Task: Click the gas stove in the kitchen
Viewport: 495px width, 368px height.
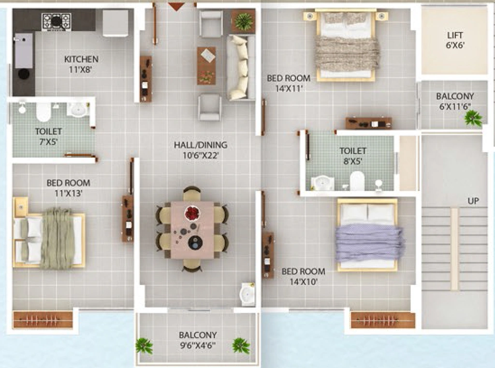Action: click(57, 21)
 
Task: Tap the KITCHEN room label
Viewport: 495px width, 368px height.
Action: click(81, 59)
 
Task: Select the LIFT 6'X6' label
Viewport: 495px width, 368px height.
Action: click(455, 40)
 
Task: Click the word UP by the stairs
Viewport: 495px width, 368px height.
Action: click(473, 201)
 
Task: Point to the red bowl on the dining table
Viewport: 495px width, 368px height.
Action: click(192, 213)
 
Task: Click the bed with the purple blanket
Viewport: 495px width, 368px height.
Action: click(368, 235)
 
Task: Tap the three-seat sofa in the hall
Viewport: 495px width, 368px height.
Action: click(241, 68)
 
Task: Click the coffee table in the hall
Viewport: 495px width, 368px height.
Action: click(206, 66)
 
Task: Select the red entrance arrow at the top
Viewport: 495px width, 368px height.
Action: click(176, 6)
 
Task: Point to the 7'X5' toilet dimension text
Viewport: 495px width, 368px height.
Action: click(48, 142)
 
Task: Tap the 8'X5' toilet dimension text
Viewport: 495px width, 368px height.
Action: click(352, 162)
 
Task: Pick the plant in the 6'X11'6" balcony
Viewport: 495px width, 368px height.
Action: click(473, 118)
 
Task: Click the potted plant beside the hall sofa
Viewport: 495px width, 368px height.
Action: click(244, 21)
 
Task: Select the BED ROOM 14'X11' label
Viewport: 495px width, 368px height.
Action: click(289, 83)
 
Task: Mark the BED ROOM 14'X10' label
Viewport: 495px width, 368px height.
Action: click(304, 276)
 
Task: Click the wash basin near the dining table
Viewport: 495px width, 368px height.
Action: click(247, 294)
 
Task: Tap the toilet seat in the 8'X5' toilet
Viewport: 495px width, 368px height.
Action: click(357, 181)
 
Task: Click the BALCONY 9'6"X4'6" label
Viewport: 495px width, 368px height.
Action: click(198, 340)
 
